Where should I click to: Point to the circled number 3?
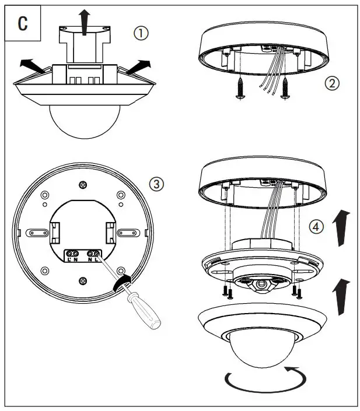156,185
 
